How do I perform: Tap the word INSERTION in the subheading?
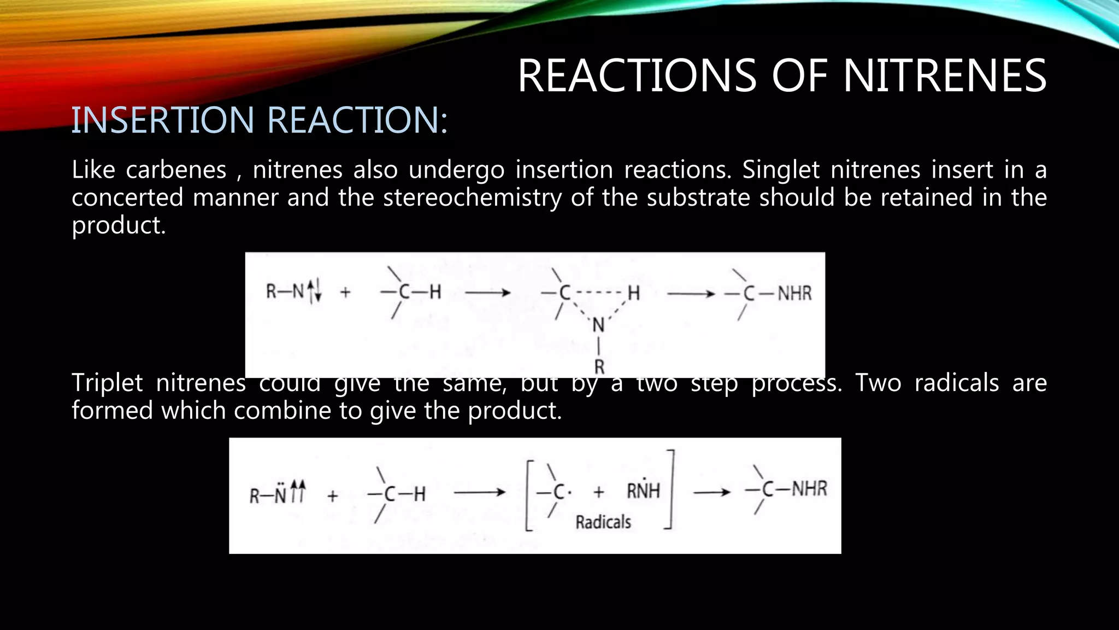point(163,120)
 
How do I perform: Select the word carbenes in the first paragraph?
point(176,170)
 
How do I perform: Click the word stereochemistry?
point(472,197)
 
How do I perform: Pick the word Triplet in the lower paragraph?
point(107,382)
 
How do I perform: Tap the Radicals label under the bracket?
point(603,522)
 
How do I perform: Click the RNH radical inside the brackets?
point(643,491)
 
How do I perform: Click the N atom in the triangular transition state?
point(599,325)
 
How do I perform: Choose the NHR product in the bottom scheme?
point(809,488)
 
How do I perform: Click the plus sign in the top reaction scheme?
point(345,293)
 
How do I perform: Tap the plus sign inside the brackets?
point(599,492)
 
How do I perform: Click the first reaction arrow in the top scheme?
point(487,293)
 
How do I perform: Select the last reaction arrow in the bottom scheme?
point(711,492)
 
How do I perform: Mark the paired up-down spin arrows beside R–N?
point(314,290)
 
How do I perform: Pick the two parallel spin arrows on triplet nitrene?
point(298,491)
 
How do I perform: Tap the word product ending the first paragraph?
point(117,225)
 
